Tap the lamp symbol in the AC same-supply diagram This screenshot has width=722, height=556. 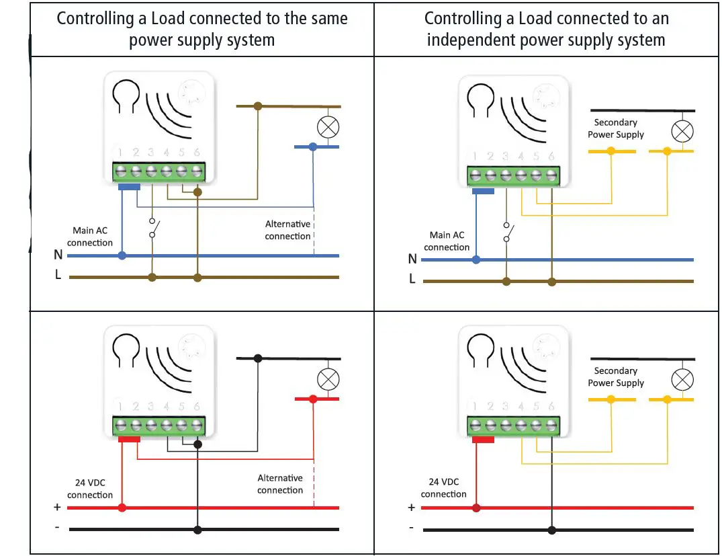click(x=328, y=126)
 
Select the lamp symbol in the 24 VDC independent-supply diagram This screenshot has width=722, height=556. click(x=682, y=380)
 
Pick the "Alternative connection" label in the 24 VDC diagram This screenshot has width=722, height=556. click(x=280, y=484)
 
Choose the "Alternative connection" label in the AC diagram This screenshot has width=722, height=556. click(x=287, y=230)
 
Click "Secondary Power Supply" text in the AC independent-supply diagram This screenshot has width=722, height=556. click(x=615, y=128)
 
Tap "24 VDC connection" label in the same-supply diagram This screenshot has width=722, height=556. click(x=90, y=489)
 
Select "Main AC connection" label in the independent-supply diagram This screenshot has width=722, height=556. click(x=447, y=241)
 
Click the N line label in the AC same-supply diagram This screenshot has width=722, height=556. click(x=58, y=255)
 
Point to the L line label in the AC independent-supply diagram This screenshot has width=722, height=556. click(x=412, y=279)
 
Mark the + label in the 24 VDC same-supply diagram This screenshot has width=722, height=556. click(x=57, y=508)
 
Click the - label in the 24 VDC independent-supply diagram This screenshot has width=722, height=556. click(x=411, y=528)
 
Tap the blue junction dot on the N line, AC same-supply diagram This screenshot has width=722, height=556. click(x=122, y=255)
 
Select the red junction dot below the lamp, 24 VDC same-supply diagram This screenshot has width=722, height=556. click(x=313, y=399)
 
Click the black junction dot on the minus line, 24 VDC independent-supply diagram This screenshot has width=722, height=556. click(x=551, y=530)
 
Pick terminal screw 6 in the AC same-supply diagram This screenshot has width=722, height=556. click(x=197, y=171)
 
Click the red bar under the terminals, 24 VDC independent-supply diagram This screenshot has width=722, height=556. click(x=483, y=440)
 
